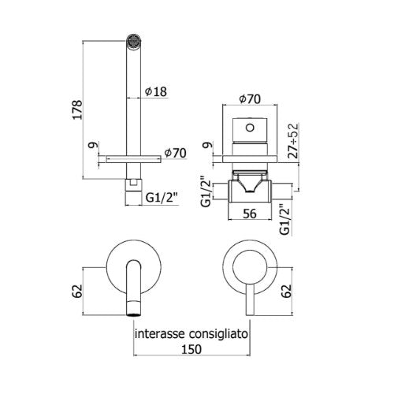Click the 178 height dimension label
coord(78,110)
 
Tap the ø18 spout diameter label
coord(156,91)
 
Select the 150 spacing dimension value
coord(191,349)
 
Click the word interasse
coord(159,334)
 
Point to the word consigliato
coord(218,335)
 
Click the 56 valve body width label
coord(250,214)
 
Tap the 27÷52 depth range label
coord(293,141)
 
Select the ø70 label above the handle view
coord(250,99)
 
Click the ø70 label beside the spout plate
coord(176,153)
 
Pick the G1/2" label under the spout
coord(162,198)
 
